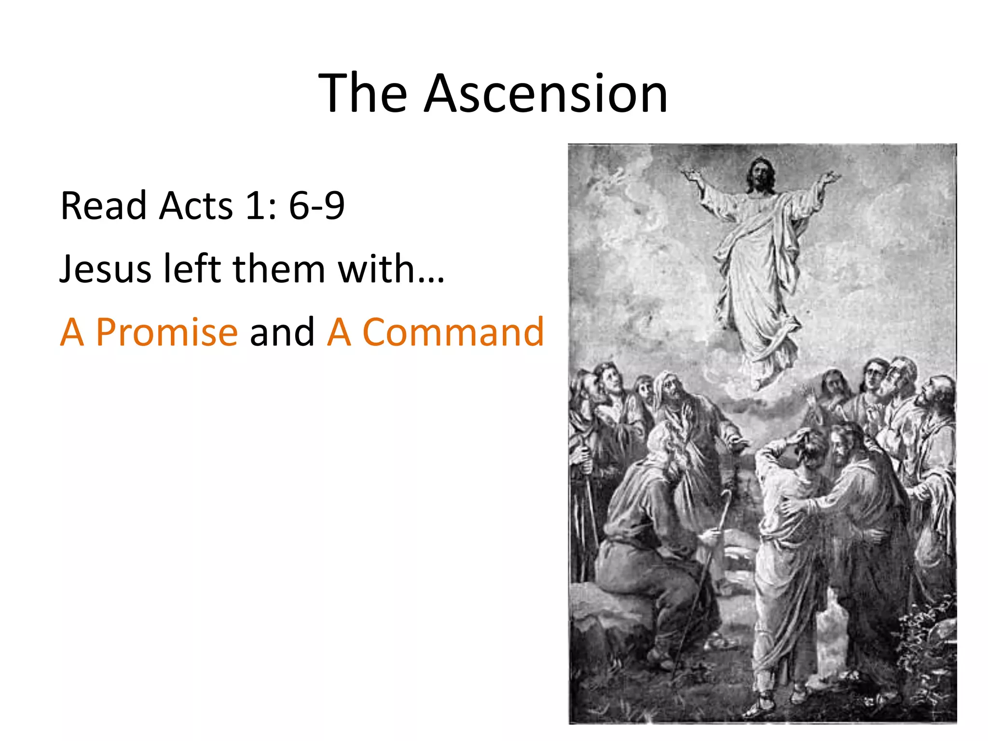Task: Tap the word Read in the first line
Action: pos(103,206)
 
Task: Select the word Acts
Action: pos(196,206)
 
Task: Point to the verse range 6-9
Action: pos(316,206)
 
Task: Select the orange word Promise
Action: pos(166,332)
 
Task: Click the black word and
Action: pos(282,332)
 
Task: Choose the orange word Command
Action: pos(453,332)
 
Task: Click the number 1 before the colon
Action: pos(254,206)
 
